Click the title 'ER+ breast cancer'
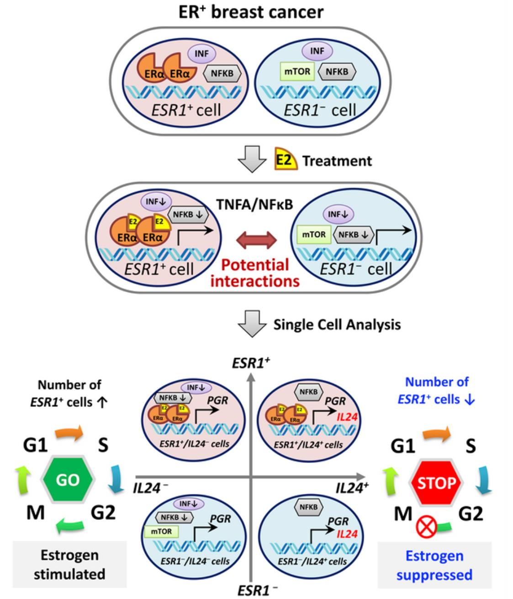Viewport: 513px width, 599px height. [x=251, y=12]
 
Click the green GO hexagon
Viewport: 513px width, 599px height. [x=68, y=480]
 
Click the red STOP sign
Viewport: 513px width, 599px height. [x=437, y=483]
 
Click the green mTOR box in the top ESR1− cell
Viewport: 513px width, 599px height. [x=298, y=72]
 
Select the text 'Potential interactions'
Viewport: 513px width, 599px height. [x=256, y=273]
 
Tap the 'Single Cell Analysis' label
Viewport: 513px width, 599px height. [x=337, y=325]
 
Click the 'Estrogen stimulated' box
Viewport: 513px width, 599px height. [x=69, y=564]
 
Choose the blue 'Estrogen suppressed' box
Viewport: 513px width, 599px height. [x=434, y=565]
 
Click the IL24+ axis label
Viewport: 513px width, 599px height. [x=352, y=488]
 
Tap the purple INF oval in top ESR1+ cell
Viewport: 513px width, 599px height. [x=201, y=54]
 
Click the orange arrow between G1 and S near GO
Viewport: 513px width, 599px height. [x=69, y=432]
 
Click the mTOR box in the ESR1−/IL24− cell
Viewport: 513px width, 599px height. [x=161, y=531]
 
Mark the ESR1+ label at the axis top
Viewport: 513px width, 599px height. [x=251, y=363]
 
